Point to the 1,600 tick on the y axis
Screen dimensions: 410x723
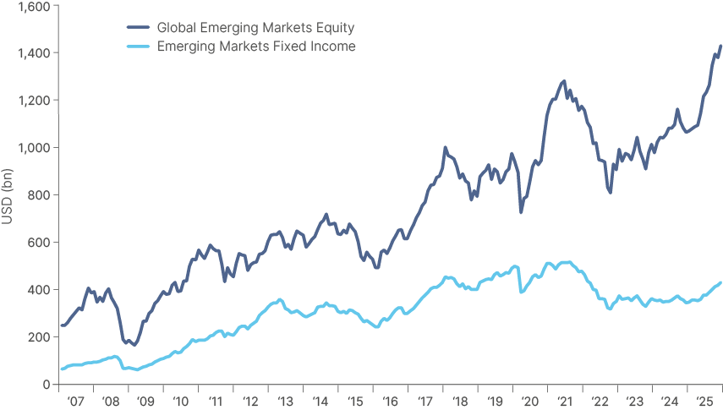tap(36, 6)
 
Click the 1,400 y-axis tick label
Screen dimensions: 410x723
tap(36, 53)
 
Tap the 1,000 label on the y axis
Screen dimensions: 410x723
tap(36, 148)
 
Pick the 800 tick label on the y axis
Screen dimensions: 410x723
tap(40, 195)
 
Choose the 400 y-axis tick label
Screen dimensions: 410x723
tap(40, 290)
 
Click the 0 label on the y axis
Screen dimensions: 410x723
tap(47, 385)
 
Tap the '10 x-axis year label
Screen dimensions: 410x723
tap(180, 401)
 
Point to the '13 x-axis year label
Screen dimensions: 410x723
tap(285, 401)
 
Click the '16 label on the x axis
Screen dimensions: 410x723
tap(390, 401)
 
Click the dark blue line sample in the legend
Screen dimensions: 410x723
tap(137, 28)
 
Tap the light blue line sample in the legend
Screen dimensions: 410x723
tap(137, 46)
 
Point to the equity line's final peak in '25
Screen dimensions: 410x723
tap(720, 46)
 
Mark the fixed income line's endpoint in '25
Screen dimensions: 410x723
tap(720, 282)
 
